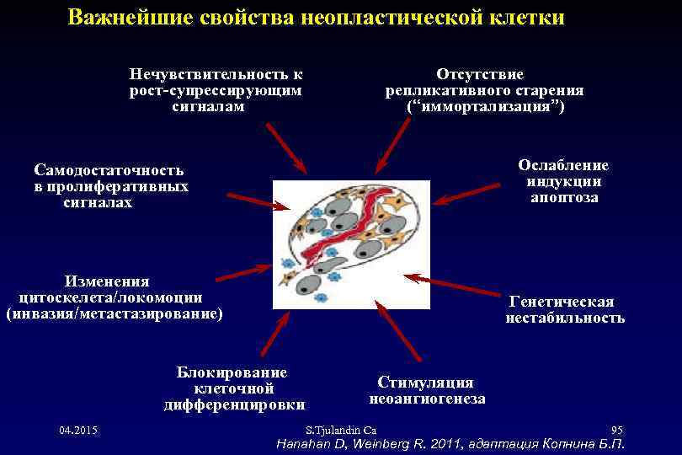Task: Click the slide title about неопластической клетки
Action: coord(317,18)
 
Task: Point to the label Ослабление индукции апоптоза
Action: coord(563,181)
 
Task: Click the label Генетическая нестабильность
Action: coord(564,309)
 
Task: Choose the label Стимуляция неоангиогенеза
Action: coord(427,390)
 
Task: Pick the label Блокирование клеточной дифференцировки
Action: coord(233,388)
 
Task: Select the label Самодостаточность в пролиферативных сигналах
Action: coord(109,186)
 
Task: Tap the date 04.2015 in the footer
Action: coord(78,431)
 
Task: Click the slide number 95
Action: coord(616,431)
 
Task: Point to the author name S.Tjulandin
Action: coord(334,431)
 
